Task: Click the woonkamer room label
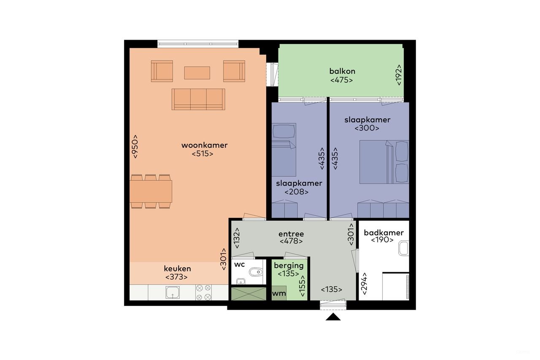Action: click(x=204, y=145)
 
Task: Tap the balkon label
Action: click(x=342, y=71)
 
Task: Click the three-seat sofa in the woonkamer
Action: click(x=198, y=99)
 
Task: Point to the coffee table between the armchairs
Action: click(x=197, y=73)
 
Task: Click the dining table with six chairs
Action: click(x=151, y=191)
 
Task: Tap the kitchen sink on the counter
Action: click(x=173, y=292)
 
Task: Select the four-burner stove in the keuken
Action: click(x=204, y=292)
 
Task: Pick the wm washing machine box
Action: click(x=279, y=293)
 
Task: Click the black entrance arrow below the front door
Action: click(x=333, y=317)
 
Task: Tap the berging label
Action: click(x=289, y=266)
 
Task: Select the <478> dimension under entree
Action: click(x=291, y=241)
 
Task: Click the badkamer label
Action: click(x=383, y=233)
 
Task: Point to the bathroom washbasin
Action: click(x=404, y=249)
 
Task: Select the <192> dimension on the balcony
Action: click(x=399, y=75)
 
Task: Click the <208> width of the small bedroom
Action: click(x=296, y=192)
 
